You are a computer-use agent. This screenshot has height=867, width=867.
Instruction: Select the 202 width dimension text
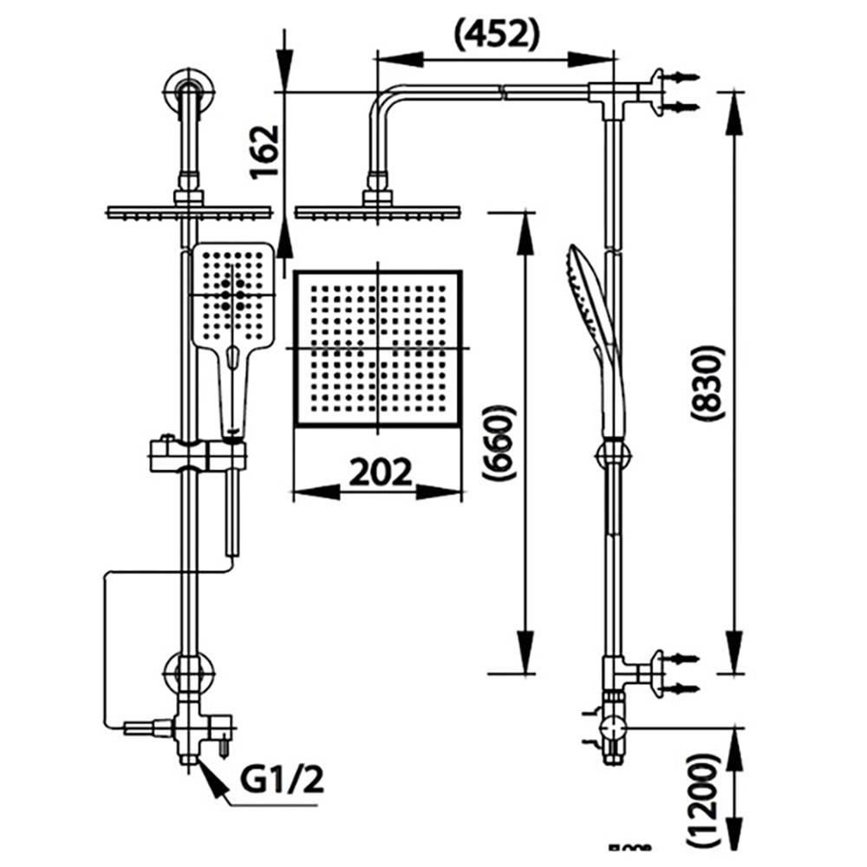coord(379,473)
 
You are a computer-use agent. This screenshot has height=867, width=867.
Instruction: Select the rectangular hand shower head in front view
coord(231,295)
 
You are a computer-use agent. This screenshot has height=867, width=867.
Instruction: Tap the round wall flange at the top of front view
coord(186,90)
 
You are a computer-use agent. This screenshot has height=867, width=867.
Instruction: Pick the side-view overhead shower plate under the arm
coord(376,211)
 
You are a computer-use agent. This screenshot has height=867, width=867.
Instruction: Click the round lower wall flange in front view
coord(187,673)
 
